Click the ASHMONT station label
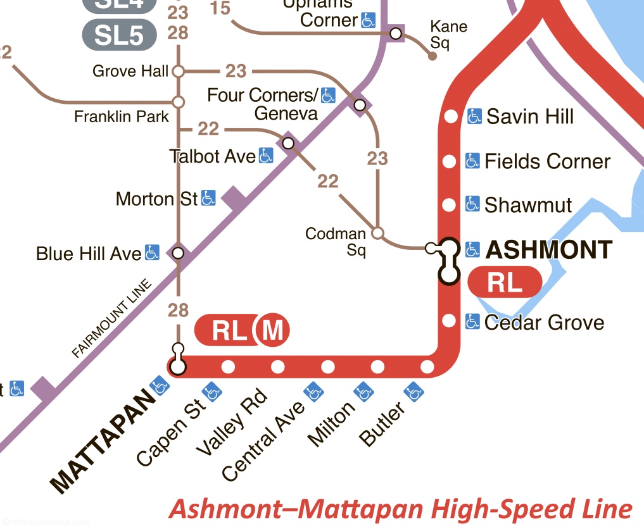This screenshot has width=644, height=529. point(549,250)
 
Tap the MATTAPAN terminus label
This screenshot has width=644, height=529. point(103,442)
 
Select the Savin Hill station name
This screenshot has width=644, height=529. point(530,116)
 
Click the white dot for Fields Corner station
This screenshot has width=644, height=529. point(449,161)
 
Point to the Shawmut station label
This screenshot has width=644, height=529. point(528,205)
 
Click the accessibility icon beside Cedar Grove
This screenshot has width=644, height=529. point(472,322)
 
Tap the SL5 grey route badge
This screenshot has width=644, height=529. point(119,35)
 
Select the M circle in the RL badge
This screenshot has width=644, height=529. point(272,330)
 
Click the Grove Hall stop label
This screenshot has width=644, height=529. point(130,71)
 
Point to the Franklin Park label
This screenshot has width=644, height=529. point(122,116)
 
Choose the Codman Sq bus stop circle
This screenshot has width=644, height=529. point(377,233)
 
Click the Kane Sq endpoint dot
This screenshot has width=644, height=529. point(432,56)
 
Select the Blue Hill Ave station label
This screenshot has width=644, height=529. point(89,254)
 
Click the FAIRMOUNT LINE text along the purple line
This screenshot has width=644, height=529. point(113,320)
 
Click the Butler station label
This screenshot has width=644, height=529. point(382,426)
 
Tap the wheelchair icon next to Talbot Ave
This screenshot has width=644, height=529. point(266,156)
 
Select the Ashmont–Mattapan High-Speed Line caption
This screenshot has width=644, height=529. point(401,508)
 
